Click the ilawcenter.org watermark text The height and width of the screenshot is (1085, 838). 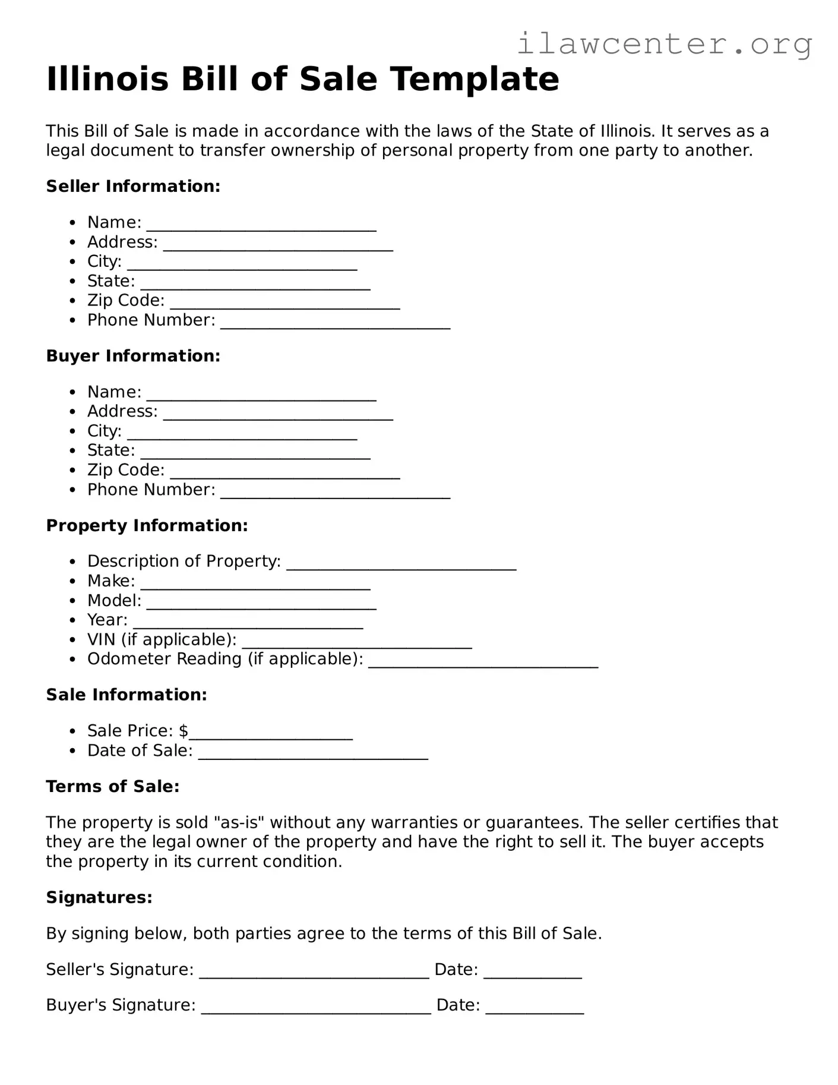[x=664, y=44]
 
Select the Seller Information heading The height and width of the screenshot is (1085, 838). [x=133, y=187]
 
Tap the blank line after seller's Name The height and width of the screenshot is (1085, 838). [x=261, y=227]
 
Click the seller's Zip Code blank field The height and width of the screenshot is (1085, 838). [x=284, y=305]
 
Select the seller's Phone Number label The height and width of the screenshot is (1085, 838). [x=151, y=320]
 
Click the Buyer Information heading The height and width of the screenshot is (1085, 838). [x=133, y=356]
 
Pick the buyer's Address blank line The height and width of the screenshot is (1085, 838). [x=278, y=416]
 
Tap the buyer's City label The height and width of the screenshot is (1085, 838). [x=104, y=431]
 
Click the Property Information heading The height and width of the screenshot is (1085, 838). [x=147, y=526]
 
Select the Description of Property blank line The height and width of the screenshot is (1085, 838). [x=401, y=566]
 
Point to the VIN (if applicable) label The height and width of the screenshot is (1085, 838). [x=162, y=640]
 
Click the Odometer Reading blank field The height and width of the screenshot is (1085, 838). [x=483, y=664]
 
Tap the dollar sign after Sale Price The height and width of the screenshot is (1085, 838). [x=184, y=731]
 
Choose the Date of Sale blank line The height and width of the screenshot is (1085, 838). [x=313, y=755]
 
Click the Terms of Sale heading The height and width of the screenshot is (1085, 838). [x=112, y=787]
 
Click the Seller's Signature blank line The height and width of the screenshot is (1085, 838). [x=314, y=974]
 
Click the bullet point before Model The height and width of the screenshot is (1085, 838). [x=72, y=601]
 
